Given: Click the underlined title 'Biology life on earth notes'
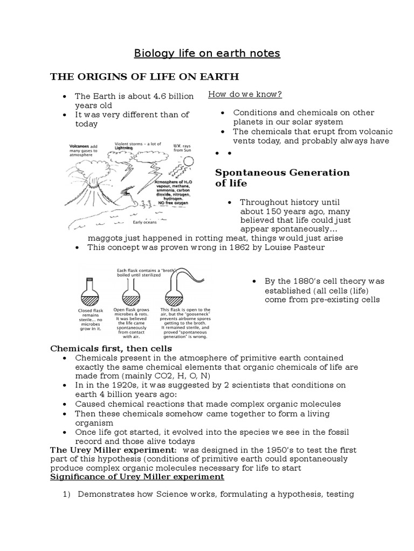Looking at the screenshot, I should (207, 54).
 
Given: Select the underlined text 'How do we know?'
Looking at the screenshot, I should (245, 95).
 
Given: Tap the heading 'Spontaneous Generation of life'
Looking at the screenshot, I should (282, 178).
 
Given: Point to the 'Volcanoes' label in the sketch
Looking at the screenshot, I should (80, 145).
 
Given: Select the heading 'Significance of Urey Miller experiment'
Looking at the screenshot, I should (137, 477).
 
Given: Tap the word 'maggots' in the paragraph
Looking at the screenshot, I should (105, 238).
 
